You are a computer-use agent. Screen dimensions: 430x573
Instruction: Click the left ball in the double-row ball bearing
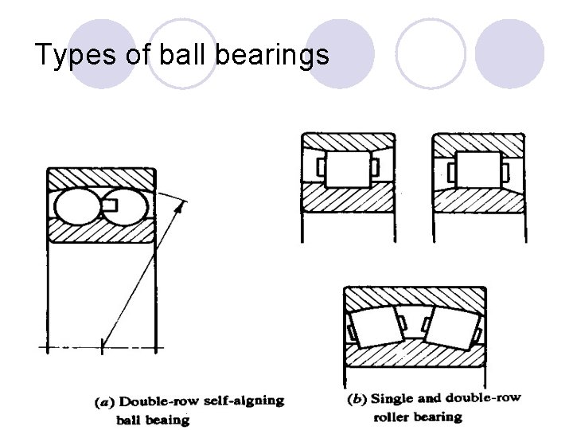tap(76, 206)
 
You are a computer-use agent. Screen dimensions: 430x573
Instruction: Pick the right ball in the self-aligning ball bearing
tap(130, 205)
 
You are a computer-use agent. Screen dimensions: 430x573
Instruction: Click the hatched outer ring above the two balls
tap(101, 178)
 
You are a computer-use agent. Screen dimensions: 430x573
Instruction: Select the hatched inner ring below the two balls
tap(101, 232)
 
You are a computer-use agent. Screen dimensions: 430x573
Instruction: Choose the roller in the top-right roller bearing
tap(477, 170)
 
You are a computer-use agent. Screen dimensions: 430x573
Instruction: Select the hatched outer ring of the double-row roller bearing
tap(414, 298)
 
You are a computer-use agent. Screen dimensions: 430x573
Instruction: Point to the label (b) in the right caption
tap(358, 398)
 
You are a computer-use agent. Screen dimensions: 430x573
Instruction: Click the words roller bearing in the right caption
tap(418, 416)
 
